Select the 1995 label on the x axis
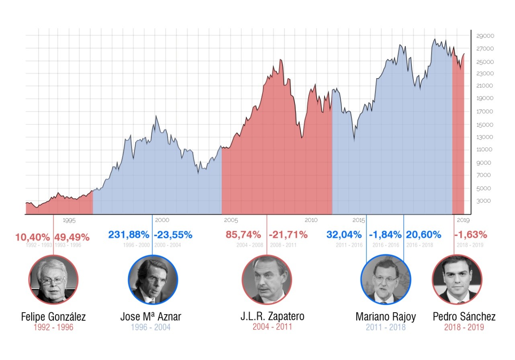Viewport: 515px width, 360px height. (x=69, y=220)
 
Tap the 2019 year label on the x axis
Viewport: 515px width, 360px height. (x=463, y=220)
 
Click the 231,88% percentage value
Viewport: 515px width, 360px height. (x=129, y=235)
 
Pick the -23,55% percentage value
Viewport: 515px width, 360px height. (x=173, y=235)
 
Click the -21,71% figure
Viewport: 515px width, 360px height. (x=288, y=235)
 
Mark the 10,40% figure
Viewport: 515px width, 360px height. (x=33, y=237)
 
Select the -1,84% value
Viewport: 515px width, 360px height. (x=385, y=235)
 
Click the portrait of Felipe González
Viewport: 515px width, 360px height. (x=53, y=280)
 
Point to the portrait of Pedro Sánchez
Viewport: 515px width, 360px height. (x=457, y=280)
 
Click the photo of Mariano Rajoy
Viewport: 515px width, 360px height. (x=385, y=280)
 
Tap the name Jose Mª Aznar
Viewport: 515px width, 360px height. (x=151, y=317)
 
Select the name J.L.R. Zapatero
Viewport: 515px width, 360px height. (x=272, y=316)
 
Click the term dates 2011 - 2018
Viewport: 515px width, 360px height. (x=385, y=327)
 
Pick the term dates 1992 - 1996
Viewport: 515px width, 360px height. (x=53, y=327)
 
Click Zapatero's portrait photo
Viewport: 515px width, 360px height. (x=267, y=280)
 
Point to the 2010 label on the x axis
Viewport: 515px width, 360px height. (x=311, y=220)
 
